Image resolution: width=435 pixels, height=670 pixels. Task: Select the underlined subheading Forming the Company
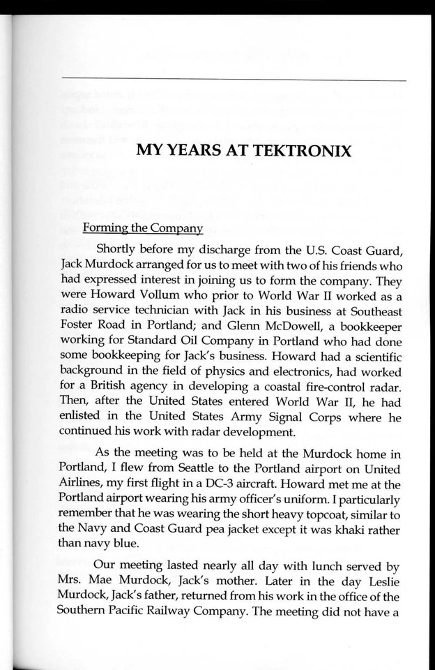[142, 228]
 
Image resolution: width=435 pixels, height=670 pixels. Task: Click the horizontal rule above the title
[234, 81]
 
